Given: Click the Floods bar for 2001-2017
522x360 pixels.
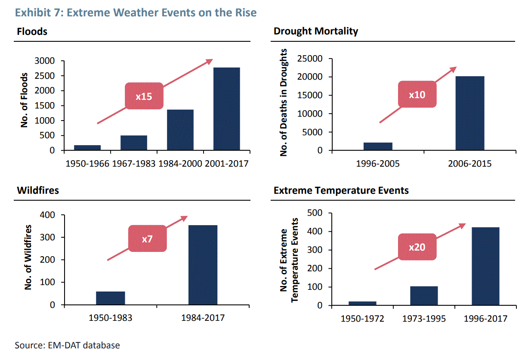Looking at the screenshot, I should (x=226, y=109).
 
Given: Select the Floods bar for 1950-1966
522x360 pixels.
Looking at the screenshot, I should (x=87, y=148).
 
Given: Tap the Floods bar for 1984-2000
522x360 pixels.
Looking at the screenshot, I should (x=180, y=130).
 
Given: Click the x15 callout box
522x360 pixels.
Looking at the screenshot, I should (x=144, y=96).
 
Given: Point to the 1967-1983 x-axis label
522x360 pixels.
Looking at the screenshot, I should (x=133, y=164).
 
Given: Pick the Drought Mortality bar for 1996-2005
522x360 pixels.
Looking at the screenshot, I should (x=378, y=146).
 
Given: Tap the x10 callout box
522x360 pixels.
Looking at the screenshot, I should (x=417, y=94).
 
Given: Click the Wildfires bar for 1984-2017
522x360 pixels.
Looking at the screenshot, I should (x=203, y=265).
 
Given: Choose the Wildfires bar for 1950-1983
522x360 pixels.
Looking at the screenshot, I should (x=110, y=298).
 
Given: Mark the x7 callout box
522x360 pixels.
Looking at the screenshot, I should (x=147, y=238).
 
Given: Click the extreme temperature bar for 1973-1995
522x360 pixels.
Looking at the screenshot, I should (x=424, y=296).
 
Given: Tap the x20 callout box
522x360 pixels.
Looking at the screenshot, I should (x=417, y=247).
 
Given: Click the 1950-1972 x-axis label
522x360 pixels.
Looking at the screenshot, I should (x=362, y=319).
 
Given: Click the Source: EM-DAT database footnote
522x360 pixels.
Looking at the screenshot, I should (x=68, y=345).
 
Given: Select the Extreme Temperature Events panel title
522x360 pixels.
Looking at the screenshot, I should (x=341, y=190).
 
